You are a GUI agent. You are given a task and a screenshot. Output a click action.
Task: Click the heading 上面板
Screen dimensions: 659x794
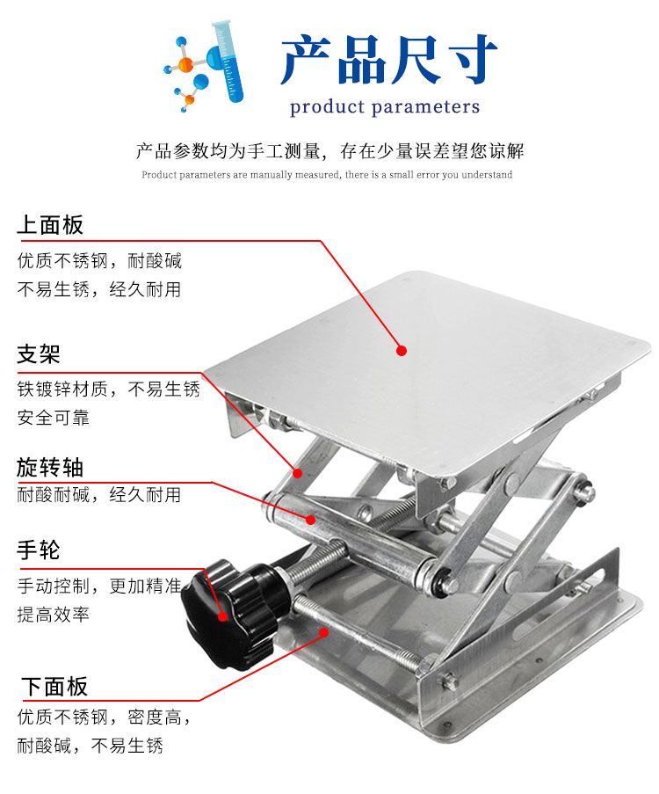click(50, 225)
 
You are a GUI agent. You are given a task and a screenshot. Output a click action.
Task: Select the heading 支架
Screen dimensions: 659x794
click(39, 353)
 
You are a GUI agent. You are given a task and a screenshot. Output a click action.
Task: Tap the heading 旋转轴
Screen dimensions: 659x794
click(50, 467)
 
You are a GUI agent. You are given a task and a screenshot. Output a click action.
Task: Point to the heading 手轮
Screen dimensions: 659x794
click(39, 550)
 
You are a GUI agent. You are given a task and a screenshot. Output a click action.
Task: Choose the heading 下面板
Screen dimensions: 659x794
click(54, 687)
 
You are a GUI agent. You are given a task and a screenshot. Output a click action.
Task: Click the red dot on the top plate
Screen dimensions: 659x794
click(402, 351)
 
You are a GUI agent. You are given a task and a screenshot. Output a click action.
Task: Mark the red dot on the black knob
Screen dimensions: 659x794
click(222, 616)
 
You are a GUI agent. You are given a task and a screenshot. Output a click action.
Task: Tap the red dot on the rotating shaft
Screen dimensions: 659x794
click(311, 520)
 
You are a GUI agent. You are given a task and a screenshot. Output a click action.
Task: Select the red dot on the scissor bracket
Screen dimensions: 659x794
click(298, 473)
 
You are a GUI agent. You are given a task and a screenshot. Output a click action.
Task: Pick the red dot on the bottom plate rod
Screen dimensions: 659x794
click(324, 632)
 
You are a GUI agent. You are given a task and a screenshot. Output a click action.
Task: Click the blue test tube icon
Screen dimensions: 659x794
click(228, 61)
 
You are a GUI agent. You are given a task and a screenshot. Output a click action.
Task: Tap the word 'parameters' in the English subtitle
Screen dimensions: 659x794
click(425, 107)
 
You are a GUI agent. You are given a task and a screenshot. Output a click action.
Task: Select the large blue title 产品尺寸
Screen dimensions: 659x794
click(388, 60)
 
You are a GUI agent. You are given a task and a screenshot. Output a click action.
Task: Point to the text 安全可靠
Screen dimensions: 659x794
click(53, 418)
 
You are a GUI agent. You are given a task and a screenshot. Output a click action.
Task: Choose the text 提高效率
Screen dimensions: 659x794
click(53, 615)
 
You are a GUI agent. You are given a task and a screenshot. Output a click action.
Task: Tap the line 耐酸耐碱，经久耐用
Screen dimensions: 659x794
click(98, 495)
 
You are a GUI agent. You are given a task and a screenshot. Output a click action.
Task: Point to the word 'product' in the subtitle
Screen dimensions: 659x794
click(327, 107)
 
